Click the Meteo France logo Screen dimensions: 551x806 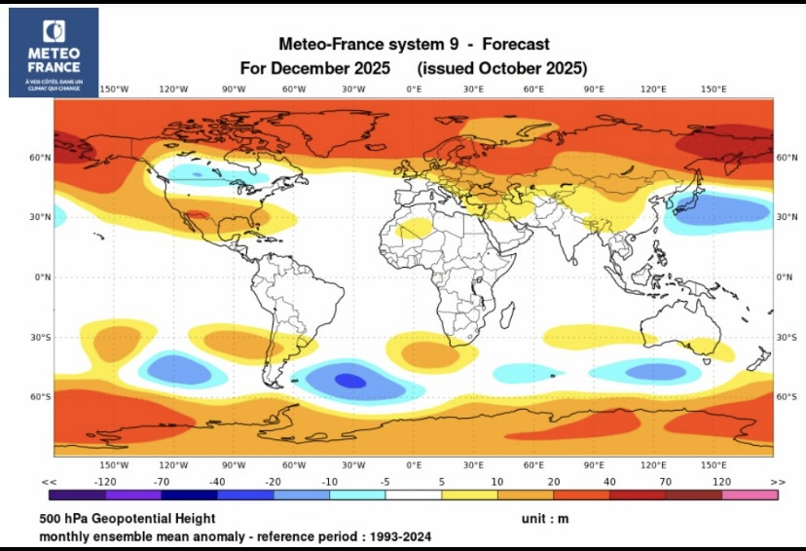(54, 52)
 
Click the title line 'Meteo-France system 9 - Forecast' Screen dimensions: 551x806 (414, 44)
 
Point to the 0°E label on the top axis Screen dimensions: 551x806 (414, 90)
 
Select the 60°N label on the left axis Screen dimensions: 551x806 (40, 157)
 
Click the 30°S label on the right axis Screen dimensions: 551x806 (787, 337)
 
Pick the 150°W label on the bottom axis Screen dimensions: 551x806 (114, 465)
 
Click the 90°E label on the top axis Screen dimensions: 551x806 (594, 90)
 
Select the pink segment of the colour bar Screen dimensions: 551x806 (750, 495)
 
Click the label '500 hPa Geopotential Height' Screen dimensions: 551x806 (128, 519)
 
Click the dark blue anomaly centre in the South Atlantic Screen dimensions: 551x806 (350, 381)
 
